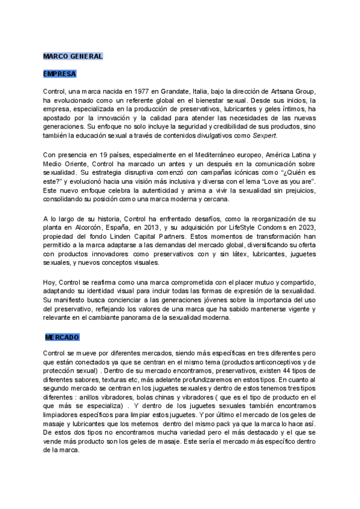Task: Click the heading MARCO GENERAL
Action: tap(73, 56)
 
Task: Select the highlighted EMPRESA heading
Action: tap(59, 74)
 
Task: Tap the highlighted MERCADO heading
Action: tap(62, 337)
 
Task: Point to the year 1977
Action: tap(132, 91)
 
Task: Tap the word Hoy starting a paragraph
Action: tap(49, 282)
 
